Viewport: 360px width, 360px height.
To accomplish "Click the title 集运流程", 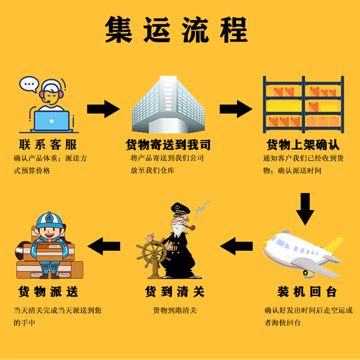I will coord(176,30).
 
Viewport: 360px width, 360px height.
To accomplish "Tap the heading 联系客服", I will coord(48,144).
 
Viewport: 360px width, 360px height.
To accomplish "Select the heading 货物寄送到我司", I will coord(168,144).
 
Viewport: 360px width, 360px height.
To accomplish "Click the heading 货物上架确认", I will coord(303,144).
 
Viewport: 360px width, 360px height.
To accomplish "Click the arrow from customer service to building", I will coord(103,108).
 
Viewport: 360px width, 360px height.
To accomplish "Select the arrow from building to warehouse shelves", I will coord(235,108).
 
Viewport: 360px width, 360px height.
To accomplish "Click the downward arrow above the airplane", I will coord(306,208).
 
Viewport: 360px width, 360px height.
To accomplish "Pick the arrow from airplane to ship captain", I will coord(236,246).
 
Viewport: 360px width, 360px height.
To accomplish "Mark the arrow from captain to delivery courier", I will coord(104,246).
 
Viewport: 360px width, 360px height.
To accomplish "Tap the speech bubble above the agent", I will coord(30,84).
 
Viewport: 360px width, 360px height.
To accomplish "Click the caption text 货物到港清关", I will coord(175,310).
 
